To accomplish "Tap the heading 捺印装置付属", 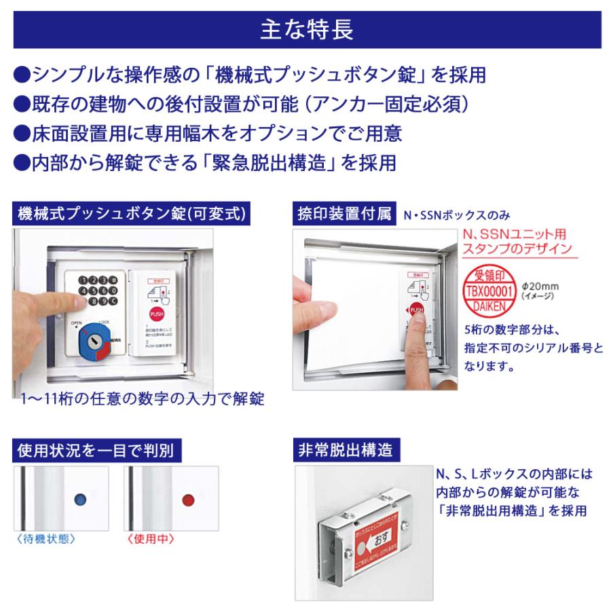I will (343, 215).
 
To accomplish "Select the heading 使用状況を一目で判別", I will (98, 450).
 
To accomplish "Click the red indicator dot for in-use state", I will (189, 500).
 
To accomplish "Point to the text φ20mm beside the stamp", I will (540, 286).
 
